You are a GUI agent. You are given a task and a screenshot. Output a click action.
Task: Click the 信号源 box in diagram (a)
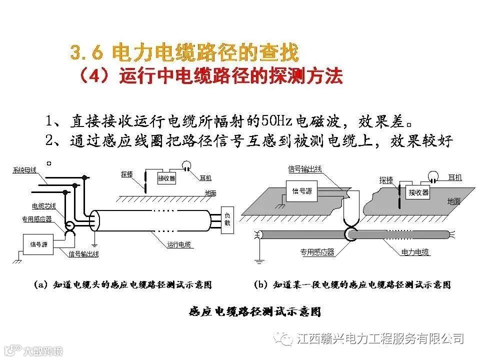point(38,244)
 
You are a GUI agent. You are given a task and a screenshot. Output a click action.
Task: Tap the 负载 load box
point(227,219)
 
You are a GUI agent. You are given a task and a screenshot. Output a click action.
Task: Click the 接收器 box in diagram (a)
point(166,177)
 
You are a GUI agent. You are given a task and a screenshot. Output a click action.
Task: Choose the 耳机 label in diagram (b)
point(455,178)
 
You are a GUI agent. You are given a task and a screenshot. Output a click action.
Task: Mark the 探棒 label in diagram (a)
point(127,174)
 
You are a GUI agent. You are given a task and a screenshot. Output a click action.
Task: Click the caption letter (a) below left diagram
point(41,285)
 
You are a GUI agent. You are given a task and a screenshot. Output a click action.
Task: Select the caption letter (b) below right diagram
point(260,285)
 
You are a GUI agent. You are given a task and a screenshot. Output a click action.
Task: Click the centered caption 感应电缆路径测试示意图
point(254,312)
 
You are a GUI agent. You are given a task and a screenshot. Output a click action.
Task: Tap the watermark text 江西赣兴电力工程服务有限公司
point(380,338)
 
